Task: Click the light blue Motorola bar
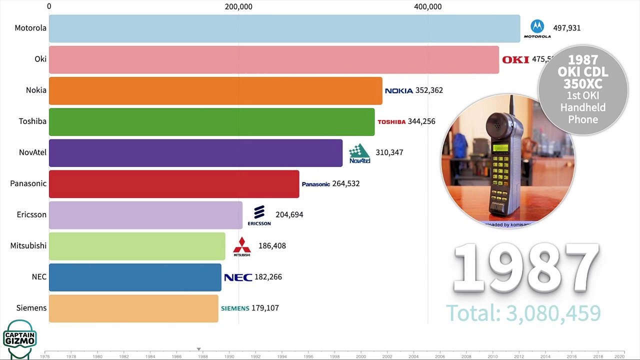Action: (x=284, y=28)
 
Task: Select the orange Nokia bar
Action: (x=215, y=90)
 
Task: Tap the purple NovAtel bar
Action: (x=195, y=152)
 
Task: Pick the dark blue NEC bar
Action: (x=135, y=277)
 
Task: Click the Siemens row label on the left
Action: (x=31, y=308)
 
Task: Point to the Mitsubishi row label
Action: (x=28, y=245)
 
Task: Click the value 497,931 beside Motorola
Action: (x=566, y=28)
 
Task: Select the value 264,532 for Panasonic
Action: (x=345, y=183)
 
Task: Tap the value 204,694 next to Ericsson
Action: (x=289, y=214)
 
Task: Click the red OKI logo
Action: (x=515, y=59)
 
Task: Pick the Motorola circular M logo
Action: (x=537, y=26)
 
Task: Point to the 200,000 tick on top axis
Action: (x=238, y=6)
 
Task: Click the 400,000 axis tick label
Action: (x=428, y=6)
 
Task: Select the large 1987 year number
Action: (x=526, y=268)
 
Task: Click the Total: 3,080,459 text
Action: (x=523, y=313)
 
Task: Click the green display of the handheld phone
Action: (x=500, y=148)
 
